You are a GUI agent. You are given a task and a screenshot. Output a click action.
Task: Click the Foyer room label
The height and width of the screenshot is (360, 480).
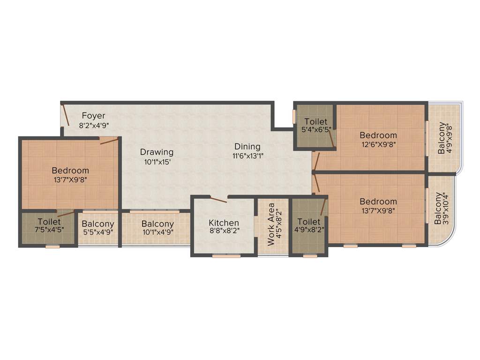tap(94, 115)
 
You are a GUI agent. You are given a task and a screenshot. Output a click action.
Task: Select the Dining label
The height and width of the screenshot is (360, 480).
tap(247, 147)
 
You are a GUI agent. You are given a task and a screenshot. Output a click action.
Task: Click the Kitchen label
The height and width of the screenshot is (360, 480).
tap(224, 223)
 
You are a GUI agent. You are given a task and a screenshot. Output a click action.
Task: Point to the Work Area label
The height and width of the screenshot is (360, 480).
tap(271, 225)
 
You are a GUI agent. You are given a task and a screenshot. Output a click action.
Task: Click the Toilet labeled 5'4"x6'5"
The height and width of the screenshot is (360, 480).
tap(315, 122)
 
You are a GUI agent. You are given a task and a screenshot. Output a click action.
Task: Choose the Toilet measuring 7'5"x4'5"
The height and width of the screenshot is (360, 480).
tap(49, 221)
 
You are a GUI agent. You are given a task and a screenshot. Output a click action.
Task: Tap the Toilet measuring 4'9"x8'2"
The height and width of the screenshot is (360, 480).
tap(309, 221)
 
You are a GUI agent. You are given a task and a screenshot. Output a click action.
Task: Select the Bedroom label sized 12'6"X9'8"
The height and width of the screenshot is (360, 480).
tap(378, 135)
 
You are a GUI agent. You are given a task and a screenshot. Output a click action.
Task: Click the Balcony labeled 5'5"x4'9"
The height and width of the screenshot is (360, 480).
tap(97, 224)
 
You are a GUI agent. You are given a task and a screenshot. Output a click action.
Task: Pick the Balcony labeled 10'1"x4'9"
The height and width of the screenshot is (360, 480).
tap(157, 224)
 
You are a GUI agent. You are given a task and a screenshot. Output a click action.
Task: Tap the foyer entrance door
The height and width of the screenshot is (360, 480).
tap(65, 115)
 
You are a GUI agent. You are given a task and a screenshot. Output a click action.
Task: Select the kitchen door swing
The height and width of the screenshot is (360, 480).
tap(218, 200)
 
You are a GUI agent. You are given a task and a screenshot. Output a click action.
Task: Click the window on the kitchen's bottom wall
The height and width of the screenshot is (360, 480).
tap(226, 256)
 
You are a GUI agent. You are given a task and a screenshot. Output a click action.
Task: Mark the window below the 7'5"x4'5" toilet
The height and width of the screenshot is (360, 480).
tap(52, 246)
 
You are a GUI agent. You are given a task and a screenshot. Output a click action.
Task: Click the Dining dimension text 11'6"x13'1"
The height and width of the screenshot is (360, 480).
tap(247, 157)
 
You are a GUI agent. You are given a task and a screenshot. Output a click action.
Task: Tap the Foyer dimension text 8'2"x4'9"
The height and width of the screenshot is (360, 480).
tap(94, 125)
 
